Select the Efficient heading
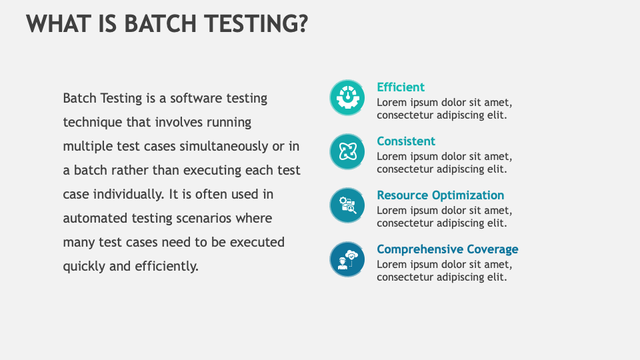coord(401,87)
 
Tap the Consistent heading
coord(406,141)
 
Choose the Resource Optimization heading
coord(441,195)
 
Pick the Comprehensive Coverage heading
coord(447,249)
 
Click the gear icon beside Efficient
coord(347,97)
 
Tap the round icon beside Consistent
coord(347,151)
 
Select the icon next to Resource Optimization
coord(347,205)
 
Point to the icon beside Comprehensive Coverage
coord(347,259)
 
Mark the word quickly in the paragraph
coord(84,267)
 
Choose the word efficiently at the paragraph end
coord(167,267)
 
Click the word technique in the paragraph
coord(92,123)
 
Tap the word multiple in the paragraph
coord(87,147)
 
